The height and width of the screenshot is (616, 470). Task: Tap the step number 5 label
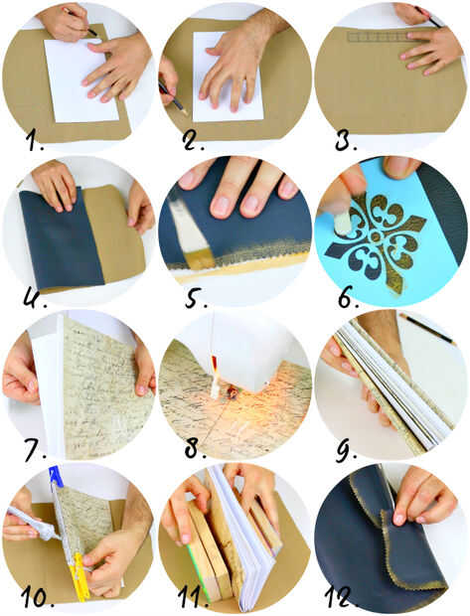pyautogui.click(x=196, y=297)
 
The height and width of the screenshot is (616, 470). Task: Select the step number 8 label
pyautogui.click(x=195, y=449)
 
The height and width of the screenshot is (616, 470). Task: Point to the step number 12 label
pyautogui.click(x=341, y=597)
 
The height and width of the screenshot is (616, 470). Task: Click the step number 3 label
pyautogui.click(x=346, y=140)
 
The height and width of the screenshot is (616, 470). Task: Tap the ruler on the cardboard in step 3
pyautogui.click(x=378, y=37)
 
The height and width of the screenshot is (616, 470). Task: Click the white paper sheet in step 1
pyautogui.click(x=80, y=80)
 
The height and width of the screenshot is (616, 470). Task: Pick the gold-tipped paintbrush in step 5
pyautogui.click(x=192, y=233)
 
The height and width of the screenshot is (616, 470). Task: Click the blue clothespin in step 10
pyautogui.click(x=56, y=476)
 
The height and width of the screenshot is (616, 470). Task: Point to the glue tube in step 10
pyautogui.click(x=33, y=524)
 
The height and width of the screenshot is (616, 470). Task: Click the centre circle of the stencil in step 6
pyautogui.click(x=376, y=236)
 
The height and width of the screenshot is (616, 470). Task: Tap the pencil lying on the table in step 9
pyautogui.click(x=426, y=329)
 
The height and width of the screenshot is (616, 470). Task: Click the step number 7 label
pyautogui.click(x=35, y=450)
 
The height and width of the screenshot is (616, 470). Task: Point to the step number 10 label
pyautogui.click(x=38, y=598)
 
